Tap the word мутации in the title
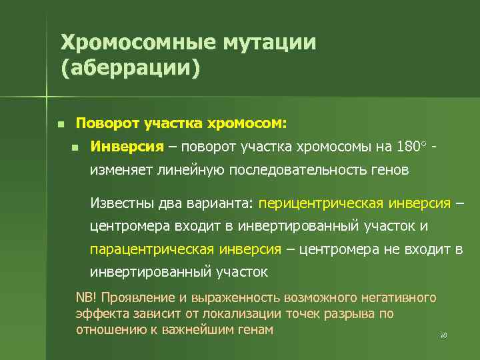click(269, 43)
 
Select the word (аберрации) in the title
click(130, 69)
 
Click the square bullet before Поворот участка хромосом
click(60, 124)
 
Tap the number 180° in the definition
click(407, 146)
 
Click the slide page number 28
click(443, 335)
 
